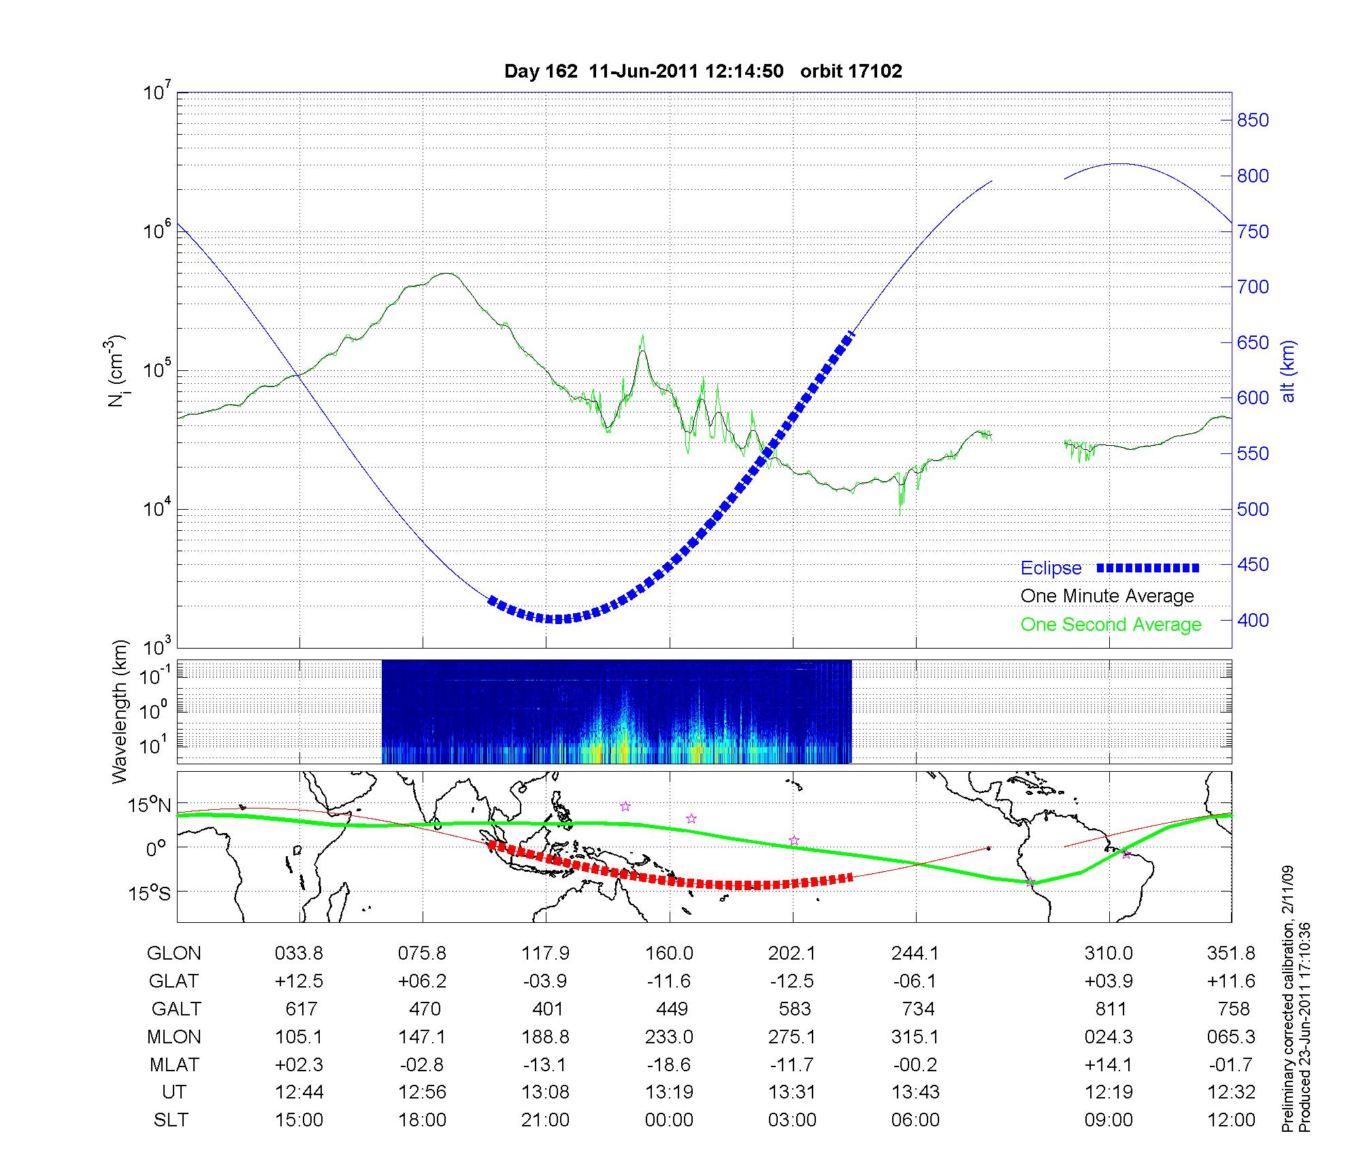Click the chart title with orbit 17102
pyautogui.click(x=703, y=71)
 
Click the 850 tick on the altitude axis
pyautogui.click(x=1252, y=120)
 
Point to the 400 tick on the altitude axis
pyautogui.click(x=1252, y=621)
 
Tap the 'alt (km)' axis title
pyautogui.click(x=1288, y=371)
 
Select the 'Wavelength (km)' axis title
pyautogui.click(x=120, y=711)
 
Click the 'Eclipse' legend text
pyautogui.click(x=1051, y=568)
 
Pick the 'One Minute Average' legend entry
pyautogui.click(x=1107, y=596)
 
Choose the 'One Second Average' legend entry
pyautogui.click(x=1111, y=625)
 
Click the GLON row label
pyautogui.click(x=174, y=954)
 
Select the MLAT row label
pyautogui.click(x=174, y=1064)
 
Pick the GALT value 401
pyautogui.click(x=547, y=1009)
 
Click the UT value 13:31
pyautogui.click(x=792, y=1092)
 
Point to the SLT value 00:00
pyautogui.click(x=669, y=1120)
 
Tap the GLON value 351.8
pyautogui.click(x=1231, y=954)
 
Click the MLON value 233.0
pyautogui.click(x=669, y=1037)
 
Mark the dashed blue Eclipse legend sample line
pyautogui.click(x=1148, y=568)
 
